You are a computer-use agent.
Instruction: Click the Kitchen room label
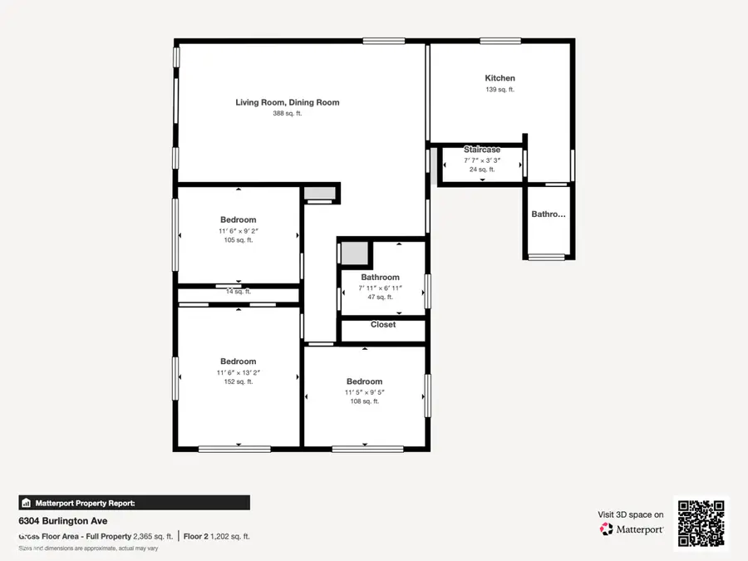point(499,78)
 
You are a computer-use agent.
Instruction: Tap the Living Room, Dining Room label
point(288,102)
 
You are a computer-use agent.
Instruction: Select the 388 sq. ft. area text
point(288,114)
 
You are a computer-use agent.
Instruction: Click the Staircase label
point(482,150)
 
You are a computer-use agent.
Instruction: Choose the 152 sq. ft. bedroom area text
point(238,382)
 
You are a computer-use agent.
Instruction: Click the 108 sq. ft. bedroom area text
point(364,401)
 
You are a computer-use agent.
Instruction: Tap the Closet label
point(383,325)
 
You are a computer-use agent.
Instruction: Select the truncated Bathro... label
point(549,214)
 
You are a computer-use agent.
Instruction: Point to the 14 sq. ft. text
point(238,293)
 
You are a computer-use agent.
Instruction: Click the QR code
point(701,523)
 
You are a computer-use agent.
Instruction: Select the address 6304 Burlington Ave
point(60,521)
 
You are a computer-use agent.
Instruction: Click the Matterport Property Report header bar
point(134,503)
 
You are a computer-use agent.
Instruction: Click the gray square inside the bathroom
point(354,253)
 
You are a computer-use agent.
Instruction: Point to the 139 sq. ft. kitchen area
point(499,90)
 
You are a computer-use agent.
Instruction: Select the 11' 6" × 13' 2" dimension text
point(238,372)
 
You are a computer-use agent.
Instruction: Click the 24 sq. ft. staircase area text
point(482,170)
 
